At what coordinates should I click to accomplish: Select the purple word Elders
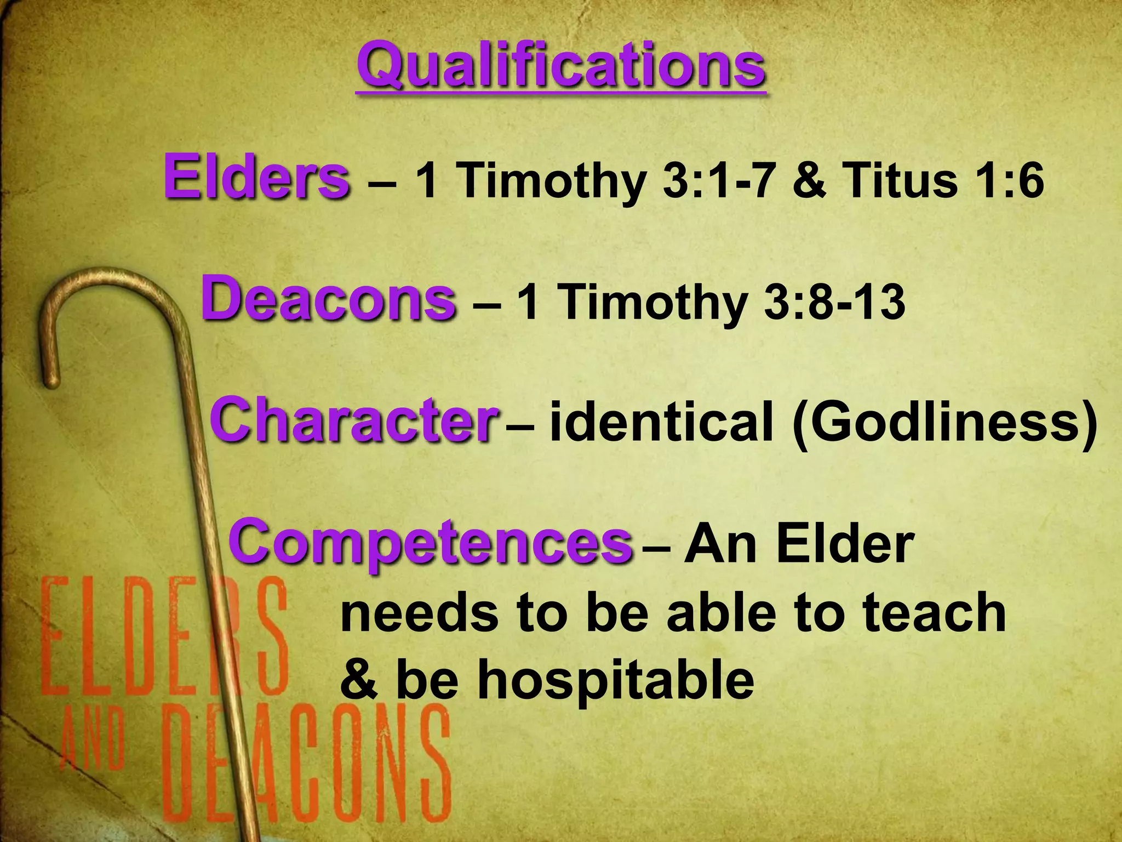(256, 177)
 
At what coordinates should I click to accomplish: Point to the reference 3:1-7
(721, 181)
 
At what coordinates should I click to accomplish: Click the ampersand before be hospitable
(359, 680)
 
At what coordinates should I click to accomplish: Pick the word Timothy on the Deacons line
(652, 303)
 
